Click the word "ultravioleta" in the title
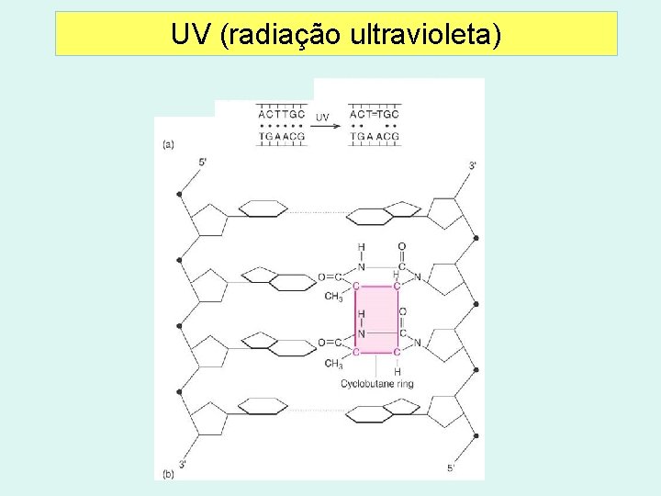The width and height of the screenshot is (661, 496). [x=425, y=35]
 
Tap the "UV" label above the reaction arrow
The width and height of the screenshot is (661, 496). [x=322, y=117]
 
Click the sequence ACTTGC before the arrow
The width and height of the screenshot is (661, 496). [x=282, y=114]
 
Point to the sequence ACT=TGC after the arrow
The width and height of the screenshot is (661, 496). [x=375, y=114]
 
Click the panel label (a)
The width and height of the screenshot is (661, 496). [x=168, y=143]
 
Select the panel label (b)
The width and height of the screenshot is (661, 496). [x=168, y=474]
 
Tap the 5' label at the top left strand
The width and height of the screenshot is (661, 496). [x=202, y=163]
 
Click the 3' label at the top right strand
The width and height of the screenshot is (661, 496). [x=473, y=165]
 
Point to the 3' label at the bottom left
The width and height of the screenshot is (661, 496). [x=183, y=464]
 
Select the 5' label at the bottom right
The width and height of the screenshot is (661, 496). [x=451, y=468]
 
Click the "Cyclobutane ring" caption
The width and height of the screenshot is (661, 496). [x=376, y=384]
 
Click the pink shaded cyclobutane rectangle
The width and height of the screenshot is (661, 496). [x=376, y=319]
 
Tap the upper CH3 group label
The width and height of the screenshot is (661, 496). [x=333, y=297]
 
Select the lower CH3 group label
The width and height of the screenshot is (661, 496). [x=333, y=364]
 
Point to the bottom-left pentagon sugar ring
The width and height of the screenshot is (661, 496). [x=209, y=419]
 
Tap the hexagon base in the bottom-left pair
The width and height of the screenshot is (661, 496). [x=263, y=407]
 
